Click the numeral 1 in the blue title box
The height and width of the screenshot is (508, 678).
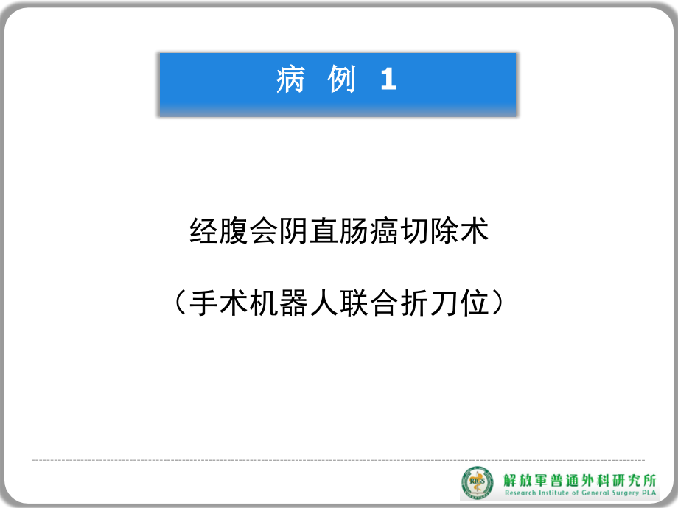(x=389, y=80)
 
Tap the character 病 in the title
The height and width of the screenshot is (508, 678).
(x=290, y=80)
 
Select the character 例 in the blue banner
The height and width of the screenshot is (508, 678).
(x=340, y=80)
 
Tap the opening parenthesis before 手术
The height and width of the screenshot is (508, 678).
(x=180, y=302)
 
